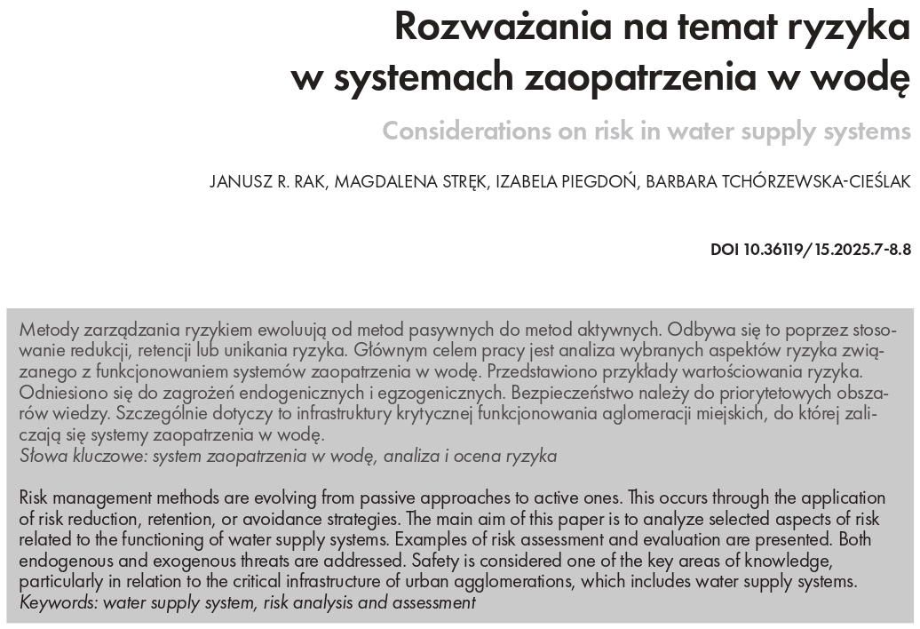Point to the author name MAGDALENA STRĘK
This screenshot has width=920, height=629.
(396, 183)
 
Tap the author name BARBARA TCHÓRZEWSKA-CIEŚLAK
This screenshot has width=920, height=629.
(779, 183)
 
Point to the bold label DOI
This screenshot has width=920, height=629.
(726, 250)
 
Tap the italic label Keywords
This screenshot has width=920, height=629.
(59, 602)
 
